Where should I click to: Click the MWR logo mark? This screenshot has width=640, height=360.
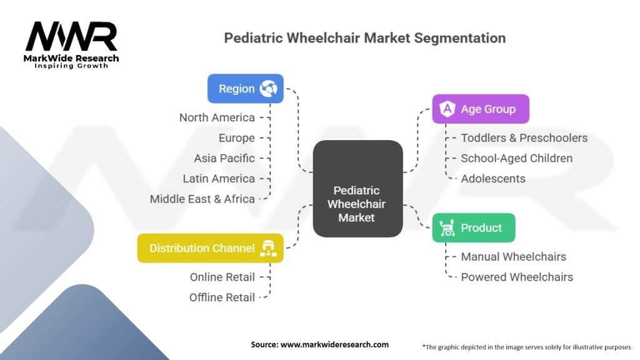coord(71,36)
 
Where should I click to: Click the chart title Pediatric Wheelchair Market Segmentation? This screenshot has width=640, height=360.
coord(365,38)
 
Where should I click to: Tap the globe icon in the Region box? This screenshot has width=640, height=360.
coord(269,89)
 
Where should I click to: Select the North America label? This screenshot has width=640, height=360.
coord(217,117)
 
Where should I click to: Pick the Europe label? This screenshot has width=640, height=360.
coord(237,138)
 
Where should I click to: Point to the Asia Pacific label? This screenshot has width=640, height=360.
coord(224,158)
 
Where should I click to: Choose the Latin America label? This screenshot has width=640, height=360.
coord(219,179)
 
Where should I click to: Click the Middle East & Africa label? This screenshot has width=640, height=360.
coord(202,199)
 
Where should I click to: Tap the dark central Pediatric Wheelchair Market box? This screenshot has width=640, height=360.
coord(358,189)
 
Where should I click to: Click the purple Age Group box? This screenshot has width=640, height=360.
coord(481,109)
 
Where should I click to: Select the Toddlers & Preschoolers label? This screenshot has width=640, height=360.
coord(524,138)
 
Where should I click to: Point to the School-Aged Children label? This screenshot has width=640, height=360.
coord(517,158)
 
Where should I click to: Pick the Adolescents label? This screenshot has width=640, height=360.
coord(493,179)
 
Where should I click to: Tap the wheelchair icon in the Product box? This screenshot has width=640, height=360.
coord(447,227)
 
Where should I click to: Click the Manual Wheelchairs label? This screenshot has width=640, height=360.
coord(514,257)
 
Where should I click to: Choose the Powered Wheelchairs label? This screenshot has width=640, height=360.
coord(517,277)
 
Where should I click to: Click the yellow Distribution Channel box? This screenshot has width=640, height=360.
coord(211,248)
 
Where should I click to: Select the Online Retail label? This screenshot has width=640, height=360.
coord(222,277)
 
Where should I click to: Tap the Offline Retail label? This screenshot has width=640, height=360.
coord(222,297)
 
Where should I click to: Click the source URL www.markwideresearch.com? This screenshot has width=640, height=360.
coord(335,344)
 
